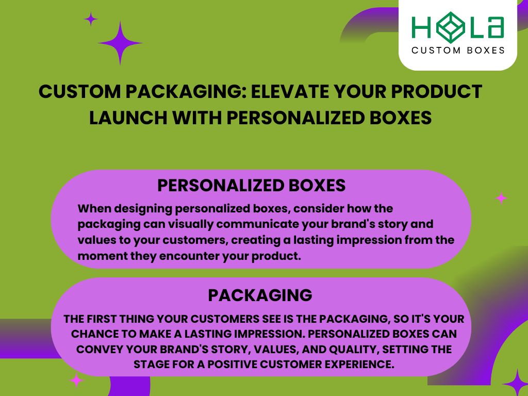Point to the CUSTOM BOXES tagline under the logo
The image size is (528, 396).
[457, 51]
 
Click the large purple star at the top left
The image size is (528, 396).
[120, 43]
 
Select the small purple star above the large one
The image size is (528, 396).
[91, 20]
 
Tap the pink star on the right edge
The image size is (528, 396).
[501, 198]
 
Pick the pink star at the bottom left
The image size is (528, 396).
[76, 381]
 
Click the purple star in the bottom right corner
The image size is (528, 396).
[516, 383]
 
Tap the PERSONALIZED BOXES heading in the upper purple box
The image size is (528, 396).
[251, 186]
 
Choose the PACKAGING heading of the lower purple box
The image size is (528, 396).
[260, 295]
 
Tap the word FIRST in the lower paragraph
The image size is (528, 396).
[110, 319]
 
